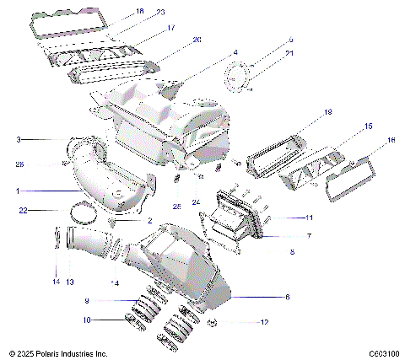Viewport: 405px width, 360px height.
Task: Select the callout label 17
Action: (x=170, y=28)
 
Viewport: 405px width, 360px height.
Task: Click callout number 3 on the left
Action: (x=19, y=139)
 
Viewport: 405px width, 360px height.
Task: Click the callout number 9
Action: (x=86, y=300)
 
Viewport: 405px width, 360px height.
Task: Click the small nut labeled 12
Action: (x=211, y=323)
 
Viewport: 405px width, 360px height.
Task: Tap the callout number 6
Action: (x=287, y=297)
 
